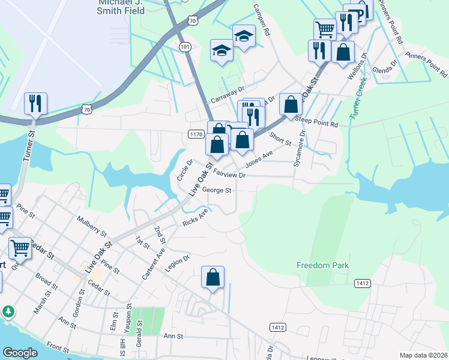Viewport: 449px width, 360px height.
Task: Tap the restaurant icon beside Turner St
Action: point(36,103)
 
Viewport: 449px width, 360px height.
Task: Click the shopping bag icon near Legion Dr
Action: point(212,278)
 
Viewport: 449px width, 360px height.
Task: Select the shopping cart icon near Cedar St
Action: point(20,248)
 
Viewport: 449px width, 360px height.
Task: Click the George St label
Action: point(217,190)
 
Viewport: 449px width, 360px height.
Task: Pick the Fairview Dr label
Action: point(229,175)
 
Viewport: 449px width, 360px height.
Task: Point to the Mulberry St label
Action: point(91,226)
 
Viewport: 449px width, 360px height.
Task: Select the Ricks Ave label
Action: point(195,217)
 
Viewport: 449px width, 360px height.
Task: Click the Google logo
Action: point(20,353)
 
